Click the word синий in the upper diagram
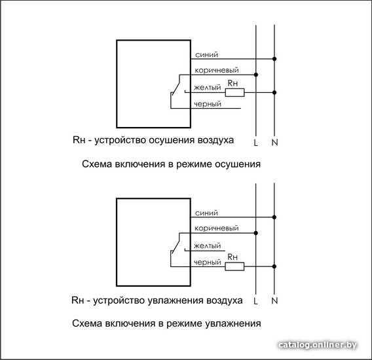206,54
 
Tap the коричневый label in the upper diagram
217,70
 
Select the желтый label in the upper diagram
208,88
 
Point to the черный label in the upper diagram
208,104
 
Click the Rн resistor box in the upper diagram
234,92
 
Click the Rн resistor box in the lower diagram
234,266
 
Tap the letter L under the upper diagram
255,143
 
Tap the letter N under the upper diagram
274,142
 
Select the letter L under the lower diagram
255,301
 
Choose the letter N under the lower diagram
274,300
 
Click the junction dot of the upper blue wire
274,59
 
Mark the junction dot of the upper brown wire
255,75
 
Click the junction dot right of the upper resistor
274,92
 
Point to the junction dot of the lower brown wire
255,233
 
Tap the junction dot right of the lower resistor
274,266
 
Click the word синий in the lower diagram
206,213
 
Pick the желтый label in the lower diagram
208,245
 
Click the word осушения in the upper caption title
238,164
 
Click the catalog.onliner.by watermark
318,344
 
